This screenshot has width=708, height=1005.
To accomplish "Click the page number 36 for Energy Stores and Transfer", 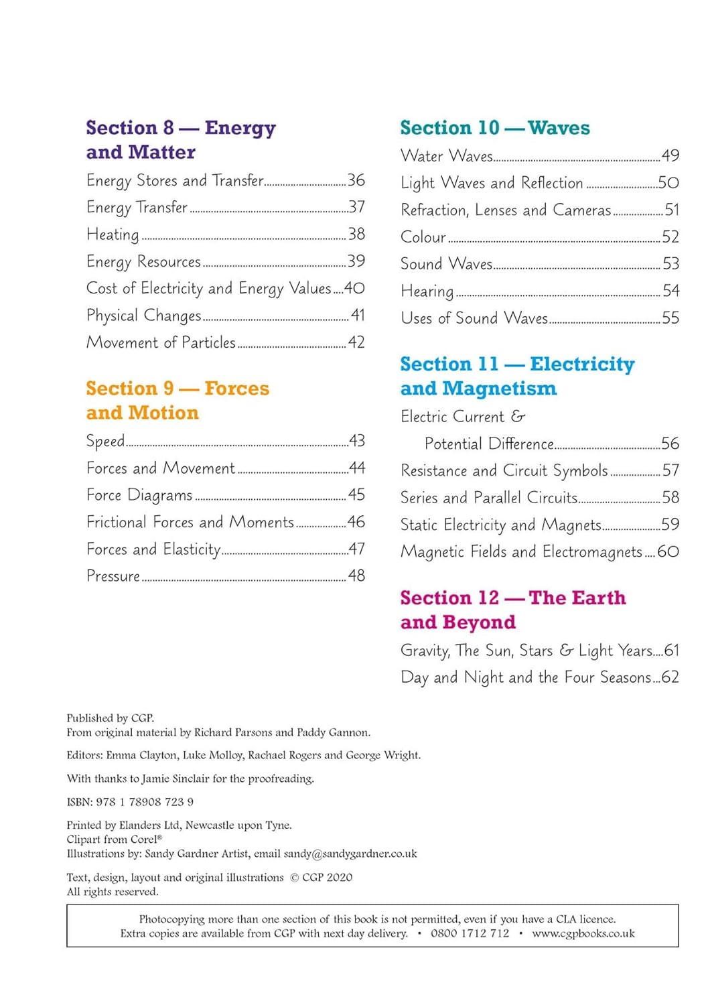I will point(356,180).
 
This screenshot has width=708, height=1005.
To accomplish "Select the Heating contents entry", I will point(113,234).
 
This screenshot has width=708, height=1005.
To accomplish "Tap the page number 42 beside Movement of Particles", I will point(356,342).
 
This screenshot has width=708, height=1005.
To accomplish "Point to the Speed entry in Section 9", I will point(105,441).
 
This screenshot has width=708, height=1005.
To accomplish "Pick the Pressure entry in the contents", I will point(113,576).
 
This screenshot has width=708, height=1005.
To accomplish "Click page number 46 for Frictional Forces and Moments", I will point(356,522).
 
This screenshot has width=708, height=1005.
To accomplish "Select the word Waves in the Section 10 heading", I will point(559,127).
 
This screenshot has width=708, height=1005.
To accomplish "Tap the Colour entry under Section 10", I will point(423,237).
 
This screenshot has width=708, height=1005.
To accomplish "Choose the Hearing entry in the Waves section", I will point(427,291).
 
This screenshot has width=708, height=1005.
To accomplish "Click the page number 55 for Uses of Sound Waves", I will point(670,318).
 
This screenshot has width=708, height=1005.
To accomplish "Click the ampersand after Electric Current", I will point(518,417).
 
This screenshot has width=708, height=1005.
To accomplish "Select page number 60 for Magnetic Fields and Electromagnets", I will point(668,551).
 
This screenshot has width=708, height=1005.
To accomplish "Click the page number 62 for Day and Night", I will point(670,677).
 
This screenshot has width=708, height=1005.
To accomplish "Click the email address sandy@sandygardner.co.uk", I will point(350,854).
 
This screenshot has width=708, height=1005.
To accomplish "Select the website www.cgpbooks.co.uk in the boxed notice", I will point(583,933).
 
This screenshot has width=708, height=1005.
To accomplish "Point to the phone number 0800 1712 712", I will point(470,933).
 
